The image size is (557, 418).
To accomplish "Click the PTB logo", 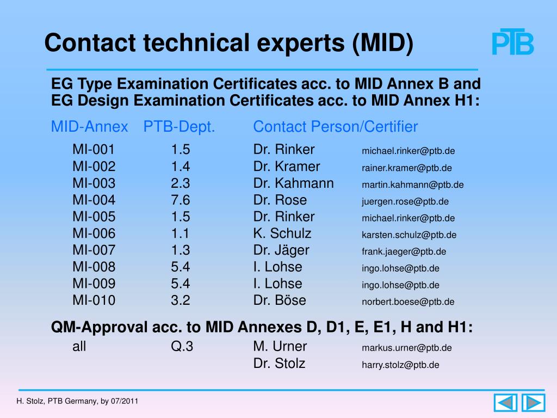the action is [512, 41].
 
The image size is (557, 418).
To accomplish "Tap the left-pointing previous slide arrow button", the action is [505, 403].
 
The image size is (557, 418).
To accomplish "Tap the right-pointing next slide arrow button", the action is [533, 403].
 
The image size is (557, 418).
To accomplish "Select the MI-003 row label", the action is [94, 183].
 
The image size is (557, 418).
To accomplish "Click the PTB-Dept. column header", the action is [179, 127].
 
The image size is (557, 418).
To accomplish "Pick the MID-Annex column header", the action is [89, 126].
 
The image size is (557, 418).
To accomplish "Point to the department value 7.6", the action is [181, 200].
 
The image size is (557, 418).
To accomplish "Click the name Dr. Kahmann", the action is [293, 183].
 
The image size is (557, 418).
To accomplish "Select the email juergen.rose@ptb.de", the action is [405, 201].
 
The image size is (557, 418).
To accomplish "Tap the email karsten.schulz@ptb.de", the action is [409, 235].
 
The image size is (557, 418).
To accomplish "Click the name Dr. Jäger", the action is [281, 250].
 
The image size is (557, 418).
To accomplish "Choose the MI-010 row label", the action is [94, 300].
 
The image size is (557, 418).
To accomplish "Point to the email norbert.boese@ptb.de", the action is [408, 302].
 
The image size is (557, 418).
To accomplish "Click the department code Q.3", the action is [182, 346].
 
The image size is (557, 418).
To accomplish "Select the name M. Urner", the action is [280, 346].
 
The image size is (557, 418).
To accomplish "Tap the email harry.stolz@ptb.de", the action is [400, 365].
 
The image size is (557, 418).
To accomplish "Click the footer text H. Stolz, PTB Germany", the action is [57, 401].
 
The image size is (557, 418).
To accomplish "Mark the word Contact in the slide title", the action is [90, 42].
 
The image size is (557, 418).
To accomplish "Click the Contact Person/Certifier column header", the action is [335, 126].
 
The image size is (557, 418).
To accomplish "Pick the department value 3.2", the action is [181, 300].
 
